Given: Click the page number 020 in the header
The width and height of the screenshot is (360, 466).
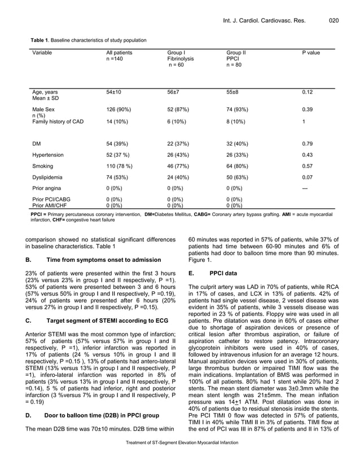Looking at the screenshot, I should pos(333,21).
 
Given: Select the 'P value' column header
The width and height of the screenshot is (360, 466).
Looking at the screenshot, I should pos(311,52).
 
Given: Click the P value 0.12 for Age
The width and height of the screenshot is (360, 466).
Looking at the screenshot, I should pos(308,91).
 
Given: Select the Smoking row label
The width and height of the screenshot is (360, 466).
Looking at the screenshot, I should pos(45,166).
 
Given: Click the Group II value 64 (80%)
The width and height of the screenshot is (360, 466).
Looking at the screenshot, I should pos(239,166).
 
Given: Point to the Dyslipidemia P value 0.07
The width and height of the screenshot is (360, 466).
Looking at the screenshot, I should pos(308,178).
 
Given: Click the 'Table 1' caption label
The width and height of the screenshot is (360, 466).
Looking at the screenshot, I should pos(39,40).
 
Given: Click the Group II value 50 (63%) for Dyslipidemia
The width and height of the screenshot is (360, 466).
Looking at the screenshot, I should pos(239,178).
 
